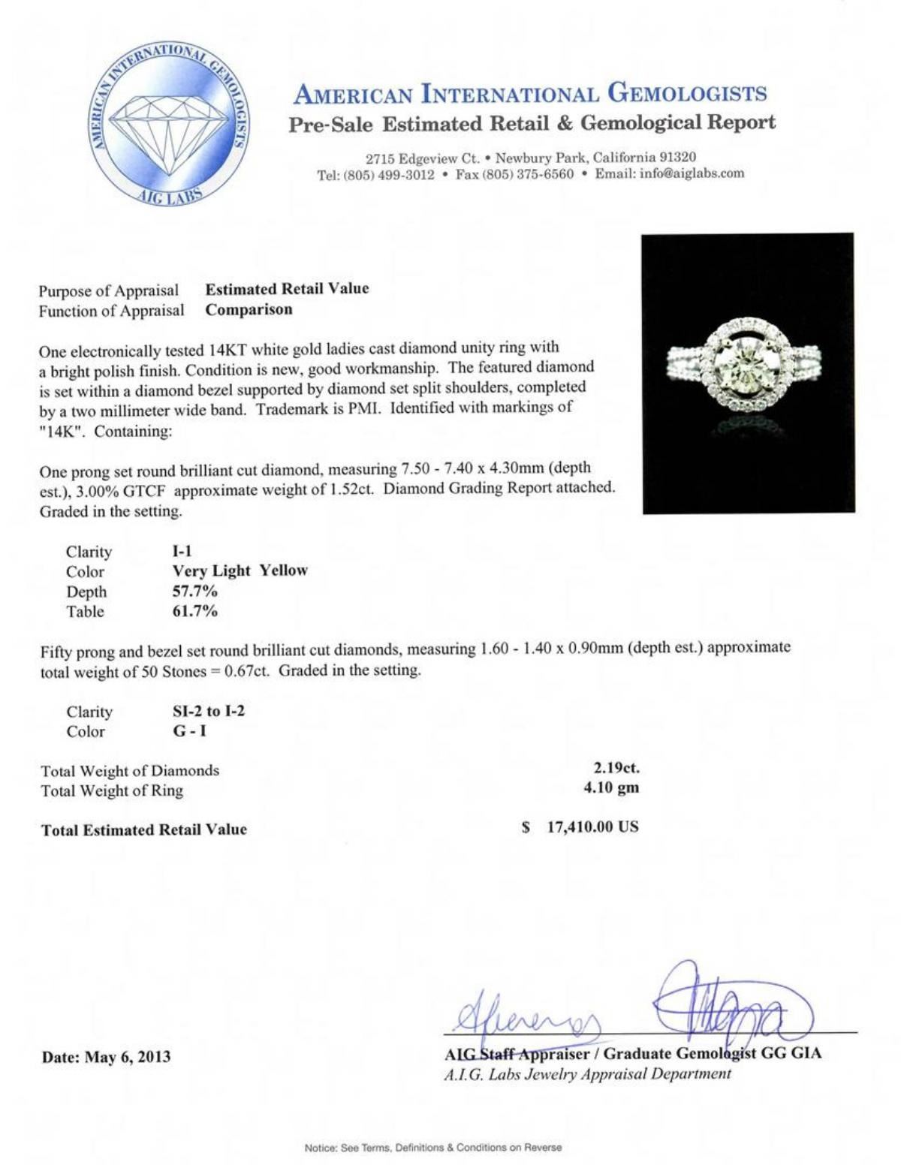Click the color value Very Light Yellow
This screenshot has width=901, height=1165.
tap(240, 570)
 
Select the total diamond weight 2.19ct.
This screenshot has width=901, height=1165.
tap(616, 769)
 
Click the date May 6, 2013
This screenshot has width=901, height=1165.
tap(106, 1057)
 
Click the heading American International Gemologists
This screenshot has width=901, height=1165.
tap(531, 95)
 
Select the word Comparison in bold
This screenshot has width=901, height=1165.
tap(249, 309)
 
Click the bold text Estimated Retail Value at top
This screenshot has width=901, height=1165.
tap(288, 289)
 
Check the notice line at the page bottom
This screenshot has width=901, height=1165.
tap(433, 1148)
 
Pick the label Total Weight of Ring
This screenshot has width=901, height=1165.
tap(112, 790)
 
